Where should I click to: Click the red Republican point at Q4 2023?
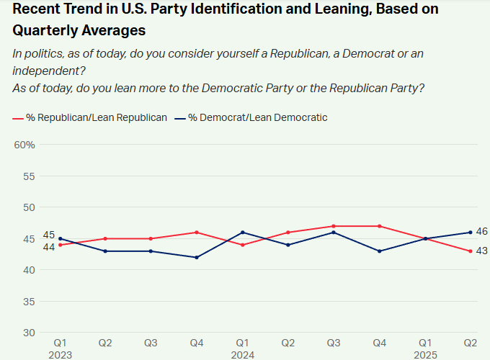pyautogui.click(x=197, y=233)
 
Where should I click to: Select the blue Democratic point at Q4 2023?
pyautogui.click(x=197, y=257)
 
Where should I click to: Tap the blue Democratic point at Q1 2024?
pyautogui.click(x=243, y=233)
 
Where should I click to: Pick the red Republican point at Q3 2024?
pyautogui.click(x=334, y=226)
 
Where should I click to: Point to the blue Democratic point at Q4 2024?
pyautogui.click(x=379, y=251)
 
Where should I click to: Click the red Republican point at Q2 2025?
pyautogui.click(x=471, y=251)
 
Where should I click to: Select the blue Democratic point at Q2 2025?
pyautogui.click(x=471, y=233)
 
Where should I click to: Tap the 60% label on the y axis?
pyautogui.click(x=24, y=145)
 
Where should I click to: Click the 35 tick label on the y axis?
pyautogui.click(x=29, y=302)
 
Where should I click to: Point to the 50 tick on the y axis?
pyautogui.click(x=29, y=207)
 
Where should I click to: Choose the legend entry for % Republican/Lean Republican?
pyautogui.click(x=89, y=117)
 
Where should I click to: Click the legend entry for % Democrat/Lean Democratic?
pyautogui.click(x=251, y=117)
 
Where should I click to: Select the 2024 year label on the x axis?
pyautogui.click(x=243, y=355)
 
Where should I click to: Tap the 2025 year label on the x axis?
pyautogui.click(x=425, y=355)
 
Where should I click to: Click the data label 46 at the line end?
pyautogui.click(x=481, y=231)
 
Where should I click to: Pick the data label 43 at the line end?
pyautogui.click(x=481, y=251)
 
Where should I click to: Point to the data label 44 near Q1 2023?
pyautogui.click(x=49, y=247)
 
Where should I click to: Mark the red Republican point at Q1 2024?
pyautogui.click(x=243, y=245)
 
